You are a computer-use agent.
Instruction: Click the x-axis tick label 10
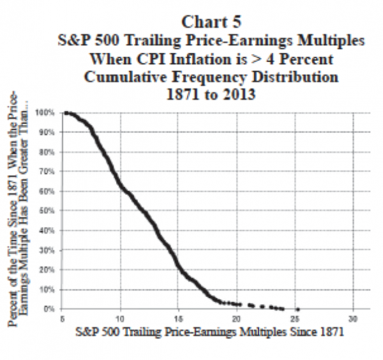(x=120, y=317)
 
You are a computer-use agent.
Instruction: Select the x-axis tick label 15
(x=178, y=317)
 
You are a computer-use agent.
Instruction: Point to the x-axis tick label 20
(x=237, y=317)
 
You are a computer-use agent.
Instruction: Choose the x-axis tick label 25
(x=295, y=317)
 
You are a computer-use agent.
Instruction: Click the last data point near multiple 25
(x=297, y=309)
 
